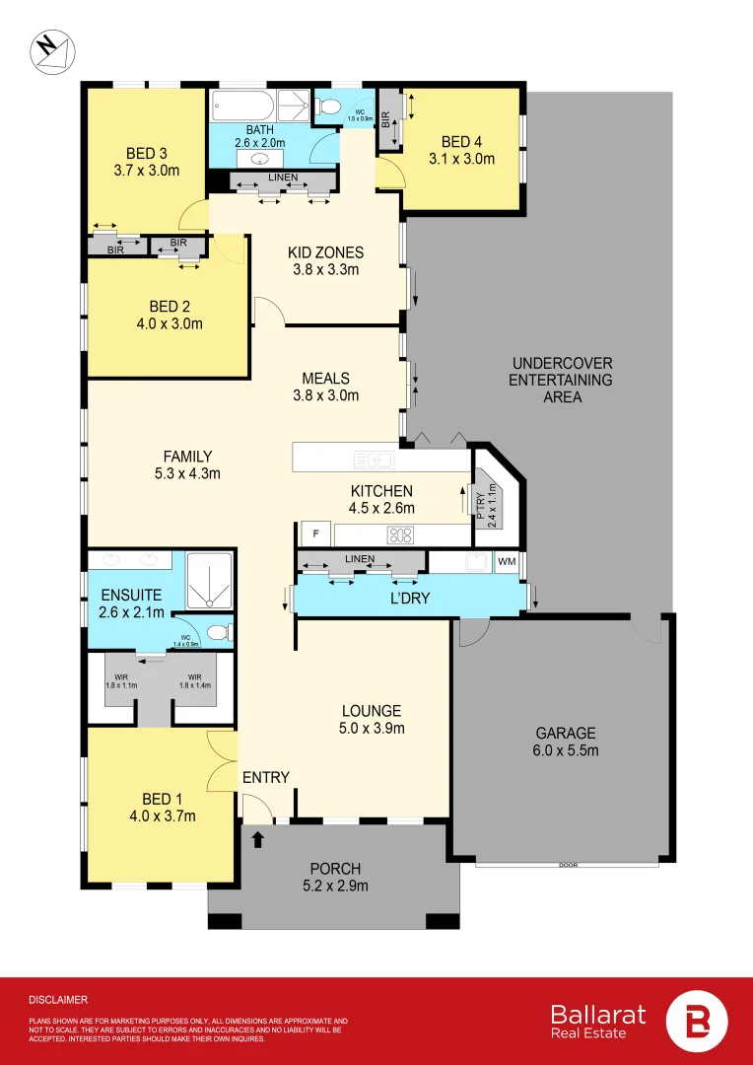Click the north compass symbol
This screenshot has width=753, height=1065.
(48, 50)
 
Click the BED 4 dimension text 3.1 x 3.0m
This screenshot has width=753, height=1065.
(461, 158)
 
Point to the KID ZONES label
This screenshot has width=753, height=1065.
(325, 252)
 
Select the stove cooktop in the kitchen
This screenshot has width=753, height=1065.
(400, 535)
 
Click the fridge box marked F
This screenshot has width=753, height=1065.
(315, 533)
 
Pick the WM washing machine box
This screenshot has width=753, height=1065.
(507, 561)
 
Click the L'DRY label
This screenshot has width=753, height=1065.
(408, 598)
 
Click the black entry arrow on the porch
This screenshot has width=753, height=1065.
(258, 839)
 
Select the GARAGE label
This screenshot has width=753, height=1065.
(565, 733)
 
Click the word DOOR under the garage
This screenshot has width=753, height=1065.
(567, 865)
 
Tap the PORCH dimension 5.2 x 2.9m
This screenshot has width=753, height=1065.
(335, 886)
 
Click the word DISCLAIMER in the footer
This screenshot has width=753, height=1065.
(58, 999)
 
